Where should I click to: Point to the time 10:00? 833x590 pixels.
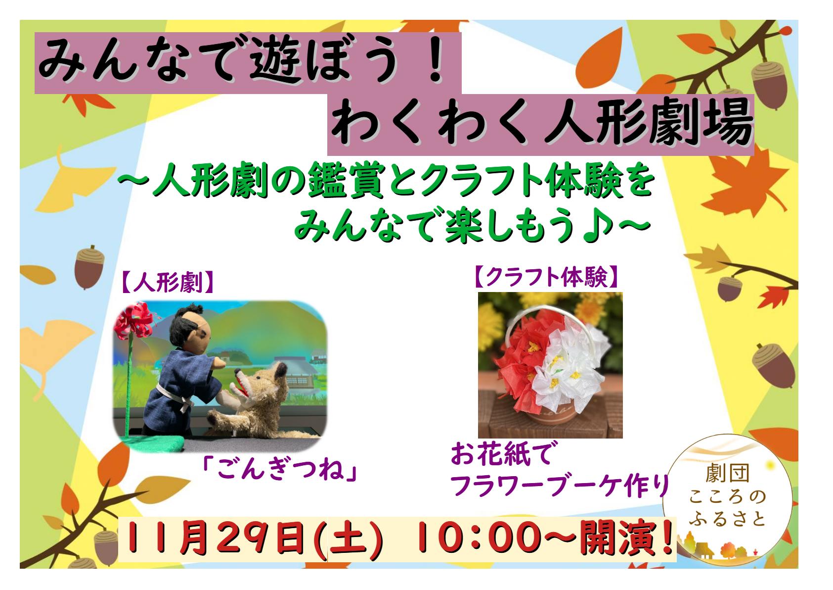click(480, 538)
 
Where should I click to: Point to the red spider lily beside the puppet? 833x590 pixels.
click(134, 321)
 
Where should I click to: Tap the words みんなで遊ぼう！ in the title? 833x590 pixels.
click(242, 61)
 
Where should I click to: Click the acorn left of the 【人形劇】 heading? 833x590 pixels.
click(89, 267)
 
